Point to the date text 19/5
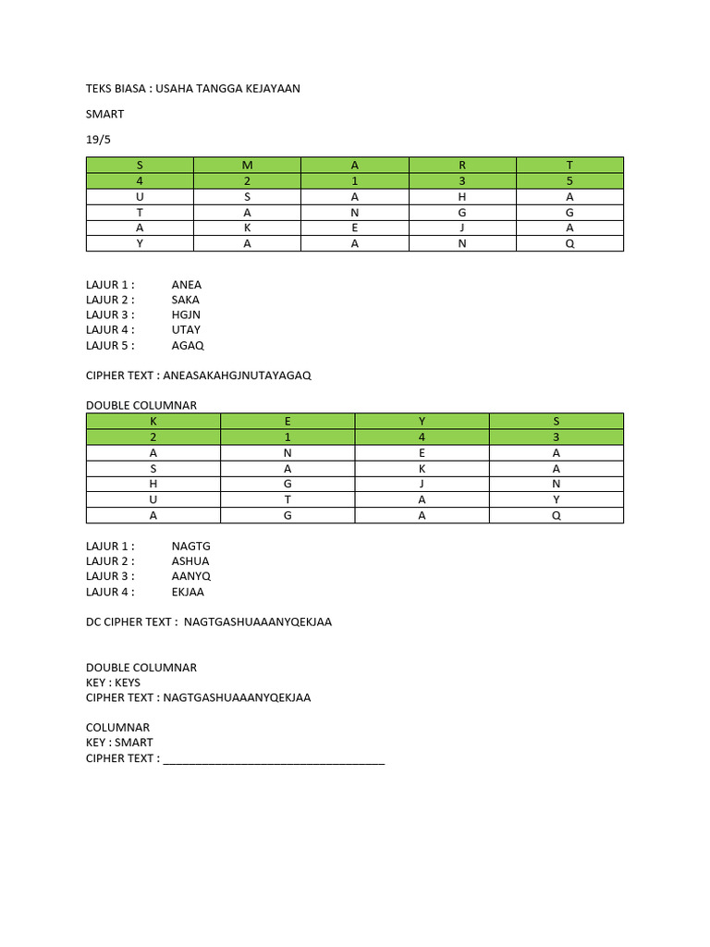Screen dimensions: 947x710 click(97, 139)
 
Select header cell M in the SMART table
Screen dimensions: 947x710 click(247, 165)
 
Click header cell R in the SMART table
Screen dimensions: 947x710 click(462, 165)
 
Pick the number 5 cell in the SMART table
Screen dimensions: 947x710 click(569, 181)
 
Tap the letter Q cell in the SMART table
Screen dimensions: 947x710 click(569, 243)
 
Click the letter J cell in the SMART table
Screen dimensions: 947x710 click(462, 228)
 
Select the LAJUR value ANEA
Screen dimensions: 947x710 click(186, 285)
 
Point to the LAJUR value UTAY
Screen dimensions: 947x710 click(186, 329)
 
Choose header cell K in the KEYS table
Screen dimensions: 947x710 click(153, 421)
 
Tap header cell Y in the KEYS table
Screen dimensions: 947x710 click(422, 421)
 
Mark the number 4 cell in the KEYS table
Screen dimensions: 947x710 click(422, 437)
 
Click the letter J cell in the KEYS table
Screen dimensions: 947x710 click(422, 484)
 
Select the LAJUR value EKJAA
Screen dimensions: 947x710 click(188, 592)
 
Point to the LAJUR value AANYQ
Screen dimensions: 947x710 click(190, 576)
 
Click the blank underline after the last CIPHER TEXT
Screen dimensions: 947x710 click(274, 760)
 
